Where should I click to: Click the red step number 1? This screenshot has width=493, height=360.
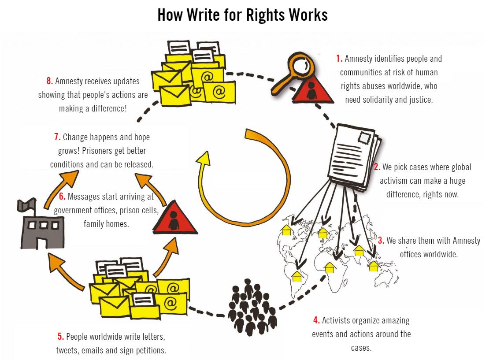point(339,59)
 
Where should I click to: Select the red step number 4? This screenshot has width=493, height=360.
point(316,320)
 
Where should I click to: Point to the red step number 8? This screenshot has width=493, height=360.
point(50,82)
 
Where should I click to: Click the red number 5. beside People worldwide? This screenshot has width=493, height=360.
point(61,337)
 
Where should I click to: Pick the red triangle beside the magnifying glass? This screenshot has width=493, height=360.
point(312,91)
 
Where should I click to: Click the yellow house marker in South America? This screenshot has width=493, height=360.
point(297,276)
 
